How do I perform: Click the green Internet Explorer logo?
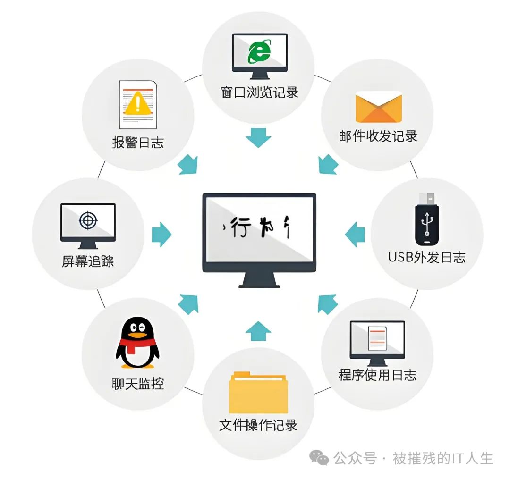pos(259,51)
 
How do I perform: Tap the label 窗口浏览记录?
pos(259,92)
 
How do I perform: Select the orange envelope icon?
pos(378,108)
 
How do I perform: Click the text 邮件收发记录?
pos(378,136)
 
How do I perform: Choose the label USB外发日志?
pos(426,257)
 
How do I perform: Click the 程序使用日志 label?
pos(377,375)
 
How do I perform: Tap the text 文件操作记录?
pos(258,425)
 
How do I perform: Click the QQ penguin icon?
pos(137,342)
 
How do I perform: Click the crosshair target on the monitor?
pos(88,220)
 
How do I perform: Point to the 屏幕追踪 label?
pos(88,261)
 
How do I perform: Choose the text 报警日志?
pos(138,143)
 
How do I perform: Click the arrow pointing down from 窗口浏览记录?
pos(258,137)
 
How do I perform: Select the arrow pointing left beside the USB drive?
pos(355,234)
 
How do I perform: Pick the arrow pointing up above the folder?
pos(258,330)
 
